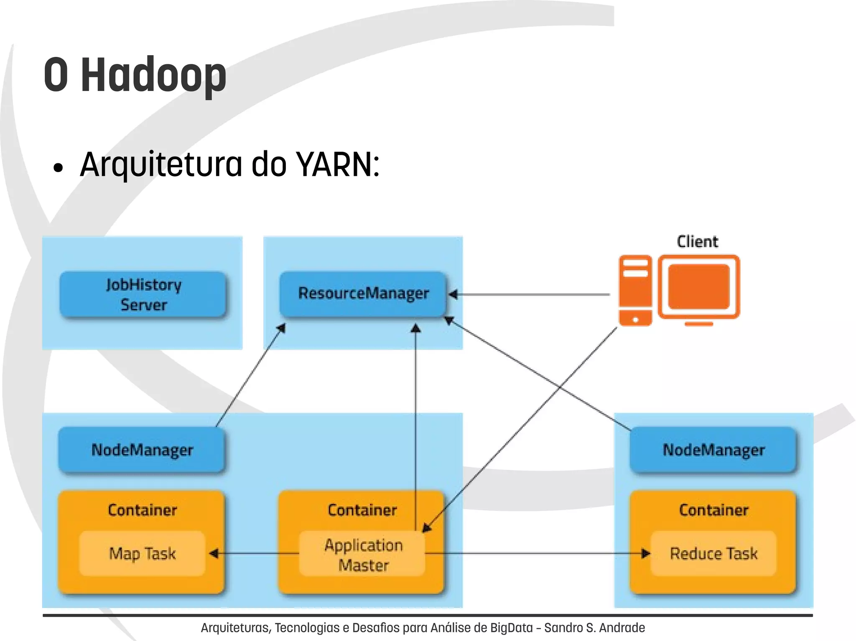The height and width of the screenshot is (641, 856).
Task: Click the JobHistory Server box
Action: [x=143, y=294]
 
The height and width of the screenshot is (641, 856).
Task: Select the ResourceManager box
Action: [x=363, y=294]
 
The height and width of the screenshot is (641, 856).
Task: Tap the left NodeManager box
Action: [x=142, y=450]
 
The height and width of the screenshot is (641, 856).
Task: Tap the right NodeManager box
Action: [x=713, y=450]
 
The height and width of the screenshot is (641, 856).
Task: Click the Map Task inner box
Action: [x=142, y=553]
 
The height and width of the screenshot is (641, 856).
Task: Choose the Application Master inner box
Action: [x=363, y=555]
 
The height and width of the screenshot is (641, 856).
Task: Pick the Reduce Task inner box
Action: [x=713, y=553]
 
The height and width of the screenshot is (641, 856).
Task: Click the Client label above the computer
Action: [x=697, y=242]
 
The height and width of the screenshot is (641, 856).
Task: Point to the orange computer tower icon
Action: [x=635, y=290]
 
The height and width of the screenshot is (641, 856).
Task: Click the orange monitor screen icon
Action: [x=699, y=286]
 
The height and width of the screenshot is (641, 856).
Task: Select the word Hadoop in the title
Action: [x=153, y=75]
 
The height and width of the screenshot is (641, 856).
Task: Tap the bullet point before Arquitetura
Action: [x=58, y=168]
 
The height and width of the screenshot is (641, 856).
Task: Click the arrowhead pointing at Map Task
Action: [x=213, y=554]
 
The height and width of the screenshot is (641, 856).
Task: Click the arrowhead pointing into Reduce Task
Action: [x=646, y=554]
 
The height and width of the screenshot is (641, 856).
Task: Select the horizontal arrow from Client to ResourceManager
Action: [x=531, y=295]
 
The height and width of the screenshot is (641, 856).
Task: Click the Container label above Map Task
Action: [x=142, y=510]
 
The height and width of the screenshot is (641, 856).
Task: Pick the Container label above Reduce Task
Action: [x=713, y=510]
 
